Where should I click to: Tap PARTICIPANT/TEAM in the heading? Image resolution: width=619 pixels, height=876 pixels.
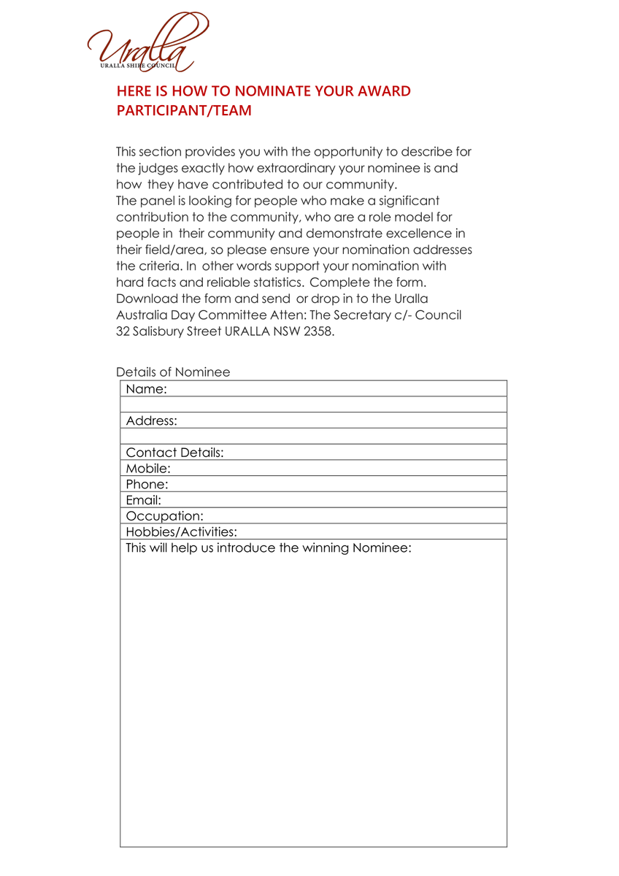[x=184, y=111]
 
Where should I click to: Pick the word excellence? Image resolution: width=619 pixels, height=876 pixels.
[x=414, y=234]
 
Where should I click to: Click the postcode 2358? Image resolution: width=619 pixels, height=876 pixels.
[x=317, y=331]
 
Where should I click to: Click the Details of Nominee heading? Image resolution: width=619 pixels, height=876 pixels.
[x=173, y=372]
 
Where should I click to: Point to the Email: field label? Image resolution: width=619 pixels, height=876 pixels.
[x=144, y=500]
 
